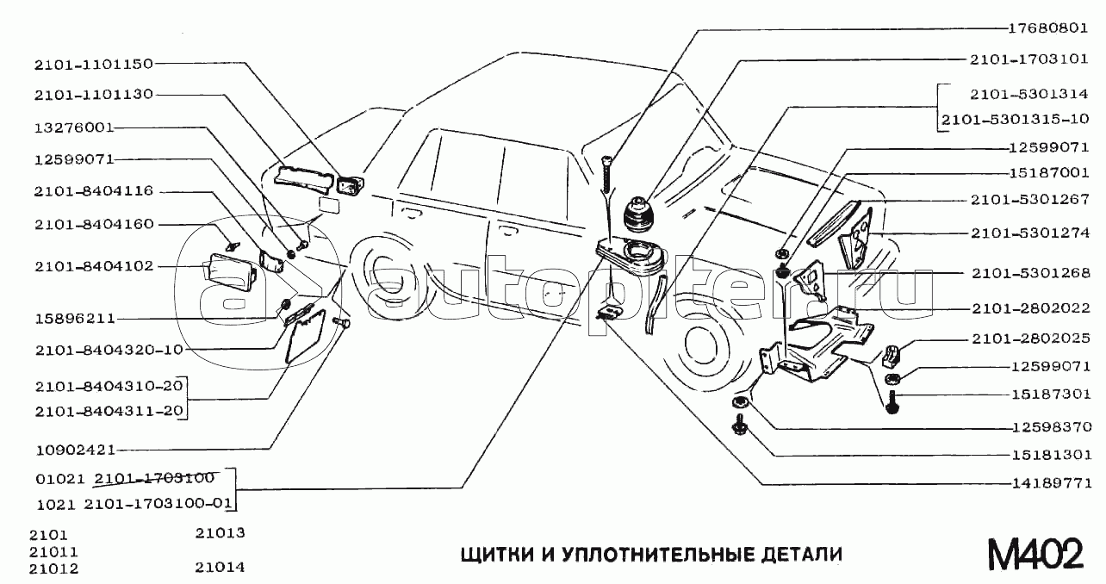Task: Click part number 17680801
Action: coord(1047,28)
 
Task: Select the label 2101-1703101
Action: coord(1029,59)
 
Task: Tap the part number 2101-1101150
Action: coord(94,65)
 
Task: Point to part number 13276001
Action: coord(74,127)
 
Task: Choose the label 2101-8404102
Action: coord(94,266)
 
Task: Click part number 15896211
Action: coord(75,319)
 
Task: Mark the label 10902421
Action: coord(76,450)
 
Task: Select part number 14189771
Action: coord(1052,483)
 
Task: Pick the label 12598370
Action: coord(1052,426)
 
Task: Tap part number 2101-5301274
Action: coord(1030,233)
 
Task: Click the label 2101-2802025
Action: coord(1031,339)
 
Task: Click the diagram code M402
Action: coord(1035,554)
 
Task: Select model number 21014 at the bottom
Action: coord(220,568)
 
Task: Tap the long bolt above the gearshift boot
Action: coord(607,175)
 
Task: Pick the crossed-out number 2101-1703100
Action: coord(154,478)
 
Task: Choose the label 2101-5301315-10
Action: coord(1016,120)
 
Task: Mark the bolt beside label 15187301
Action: coord(892,402)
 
